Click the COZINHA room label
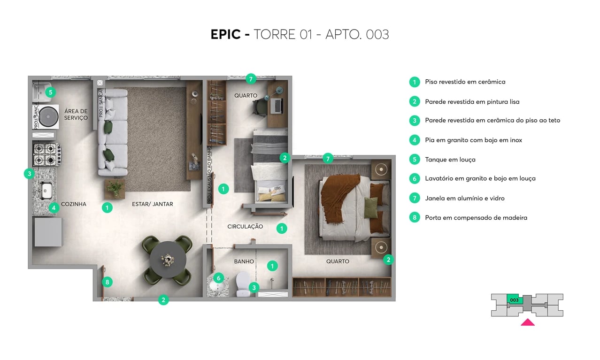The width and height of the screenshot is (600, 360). [74, 204]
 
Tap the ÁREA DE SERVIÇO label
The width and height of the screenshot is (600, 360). [76, 115]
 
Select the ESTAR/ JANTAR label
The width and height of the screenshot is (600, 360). [153, 204]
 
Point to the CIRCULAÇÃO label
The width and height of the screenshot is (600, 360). [245, 227]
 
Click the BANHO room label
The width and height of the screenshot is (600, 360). [244, 261]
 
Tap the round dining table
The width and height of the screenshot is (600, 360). [168, 259]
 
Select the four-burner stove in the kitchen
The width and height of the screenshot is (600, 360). [46, 155]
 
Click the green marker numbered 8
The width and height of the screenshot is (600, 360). [108, 282]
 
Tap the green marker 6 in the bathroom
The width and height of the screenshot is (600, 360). [218, 278]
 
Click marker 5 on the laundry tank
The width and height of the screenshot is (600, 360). [50, 92]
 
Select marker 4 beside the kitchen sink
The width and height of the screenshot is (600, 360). [54, 207]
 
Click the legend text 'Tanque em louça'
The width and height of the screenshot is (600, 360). [450, 160]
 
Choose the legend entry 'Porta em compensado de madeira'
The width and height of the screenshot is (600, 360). [476, 218]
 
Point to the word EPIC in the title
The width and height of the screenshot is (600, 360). [225, 35]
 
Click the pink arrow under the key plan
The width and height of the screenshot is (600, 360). [528, 322]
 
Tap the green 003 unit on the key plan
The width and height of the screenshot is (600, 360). [514, 300]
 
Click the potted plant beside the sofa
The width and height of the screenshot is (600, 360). [115, 189]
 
